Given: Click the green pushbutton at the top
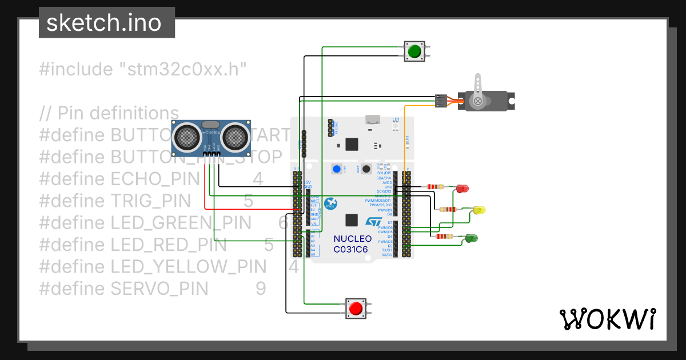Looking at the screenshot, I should click(414, 51).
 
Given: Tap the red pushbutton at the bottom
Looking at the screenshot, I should click(356, 309).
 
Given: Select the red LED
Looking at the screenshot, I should click(462, 188).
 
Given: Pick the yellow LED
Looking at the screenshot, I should click(479, 210).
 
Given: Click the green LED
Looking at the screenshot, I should click(472, 238).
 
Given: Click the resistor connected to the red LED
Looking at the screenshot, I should click(435, 186).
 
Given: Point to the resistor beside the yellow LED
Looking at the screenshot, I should click(449, 209).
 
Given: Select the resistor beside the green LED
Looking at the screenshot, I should click(444, 236).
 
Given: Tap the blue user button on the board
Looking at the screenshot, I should click(336, 169).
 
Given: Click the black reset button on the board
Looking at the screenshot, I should click(366, 169).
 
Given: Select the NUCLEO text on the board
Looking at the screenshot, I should click(352, 239).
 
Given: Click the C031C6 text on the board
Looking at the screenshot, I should click(350, 250).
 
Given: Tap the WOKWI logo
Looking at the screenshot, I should click(607, 319).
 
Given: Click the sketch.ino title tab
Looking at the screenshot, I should click(107, 23).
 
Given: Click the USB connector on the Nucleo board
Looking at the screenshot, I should click(374, 119).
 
